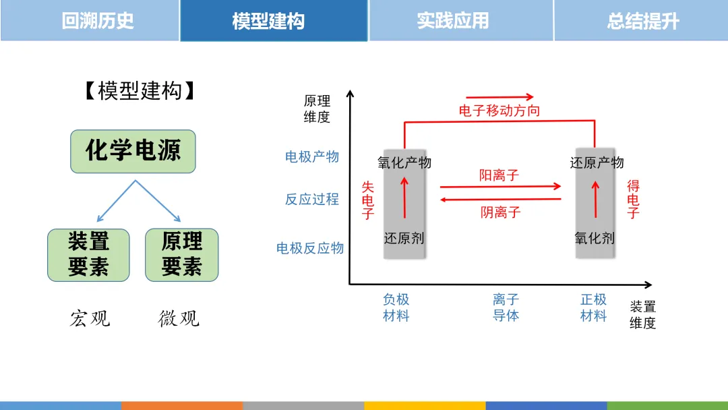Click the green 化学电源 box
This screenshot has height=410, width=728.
(133, 151)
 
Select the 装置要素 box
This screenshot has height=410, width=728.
(88, 255)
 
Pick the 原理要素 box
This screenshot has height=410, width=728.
(181, 255)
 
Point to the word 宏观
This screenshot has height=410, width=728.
(90, 318)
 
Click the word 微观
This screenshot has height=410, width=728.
(179, 318)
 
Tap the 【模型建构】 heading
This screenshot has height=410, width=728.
(140, 91)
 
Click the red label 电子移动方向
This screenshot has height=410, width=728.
(499, 111)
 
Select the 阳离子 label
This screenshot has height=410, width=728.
(499, 175)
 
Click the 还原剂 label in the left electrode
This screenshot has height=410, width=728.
(404, 238)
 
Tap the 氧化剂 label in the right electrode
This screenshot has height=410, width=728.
(595, 238)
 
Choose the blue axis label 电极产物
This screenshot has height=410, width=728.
(312, 157)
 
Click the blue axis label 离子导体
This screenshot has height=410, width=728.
(506, 307)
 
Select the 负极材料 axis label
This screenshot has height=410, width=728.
(396, 307)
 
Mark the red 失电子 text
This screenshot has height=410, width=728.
(367, 200)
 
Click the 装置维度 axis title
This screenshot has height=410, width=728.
(643, 315)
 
